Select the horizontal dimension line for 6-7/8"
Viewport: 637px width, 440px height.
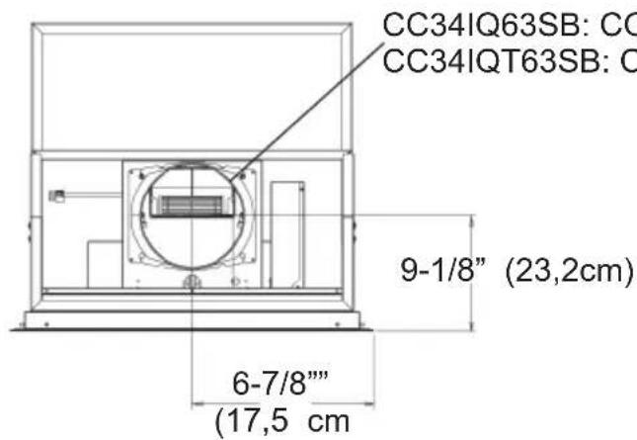point(280,403)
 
